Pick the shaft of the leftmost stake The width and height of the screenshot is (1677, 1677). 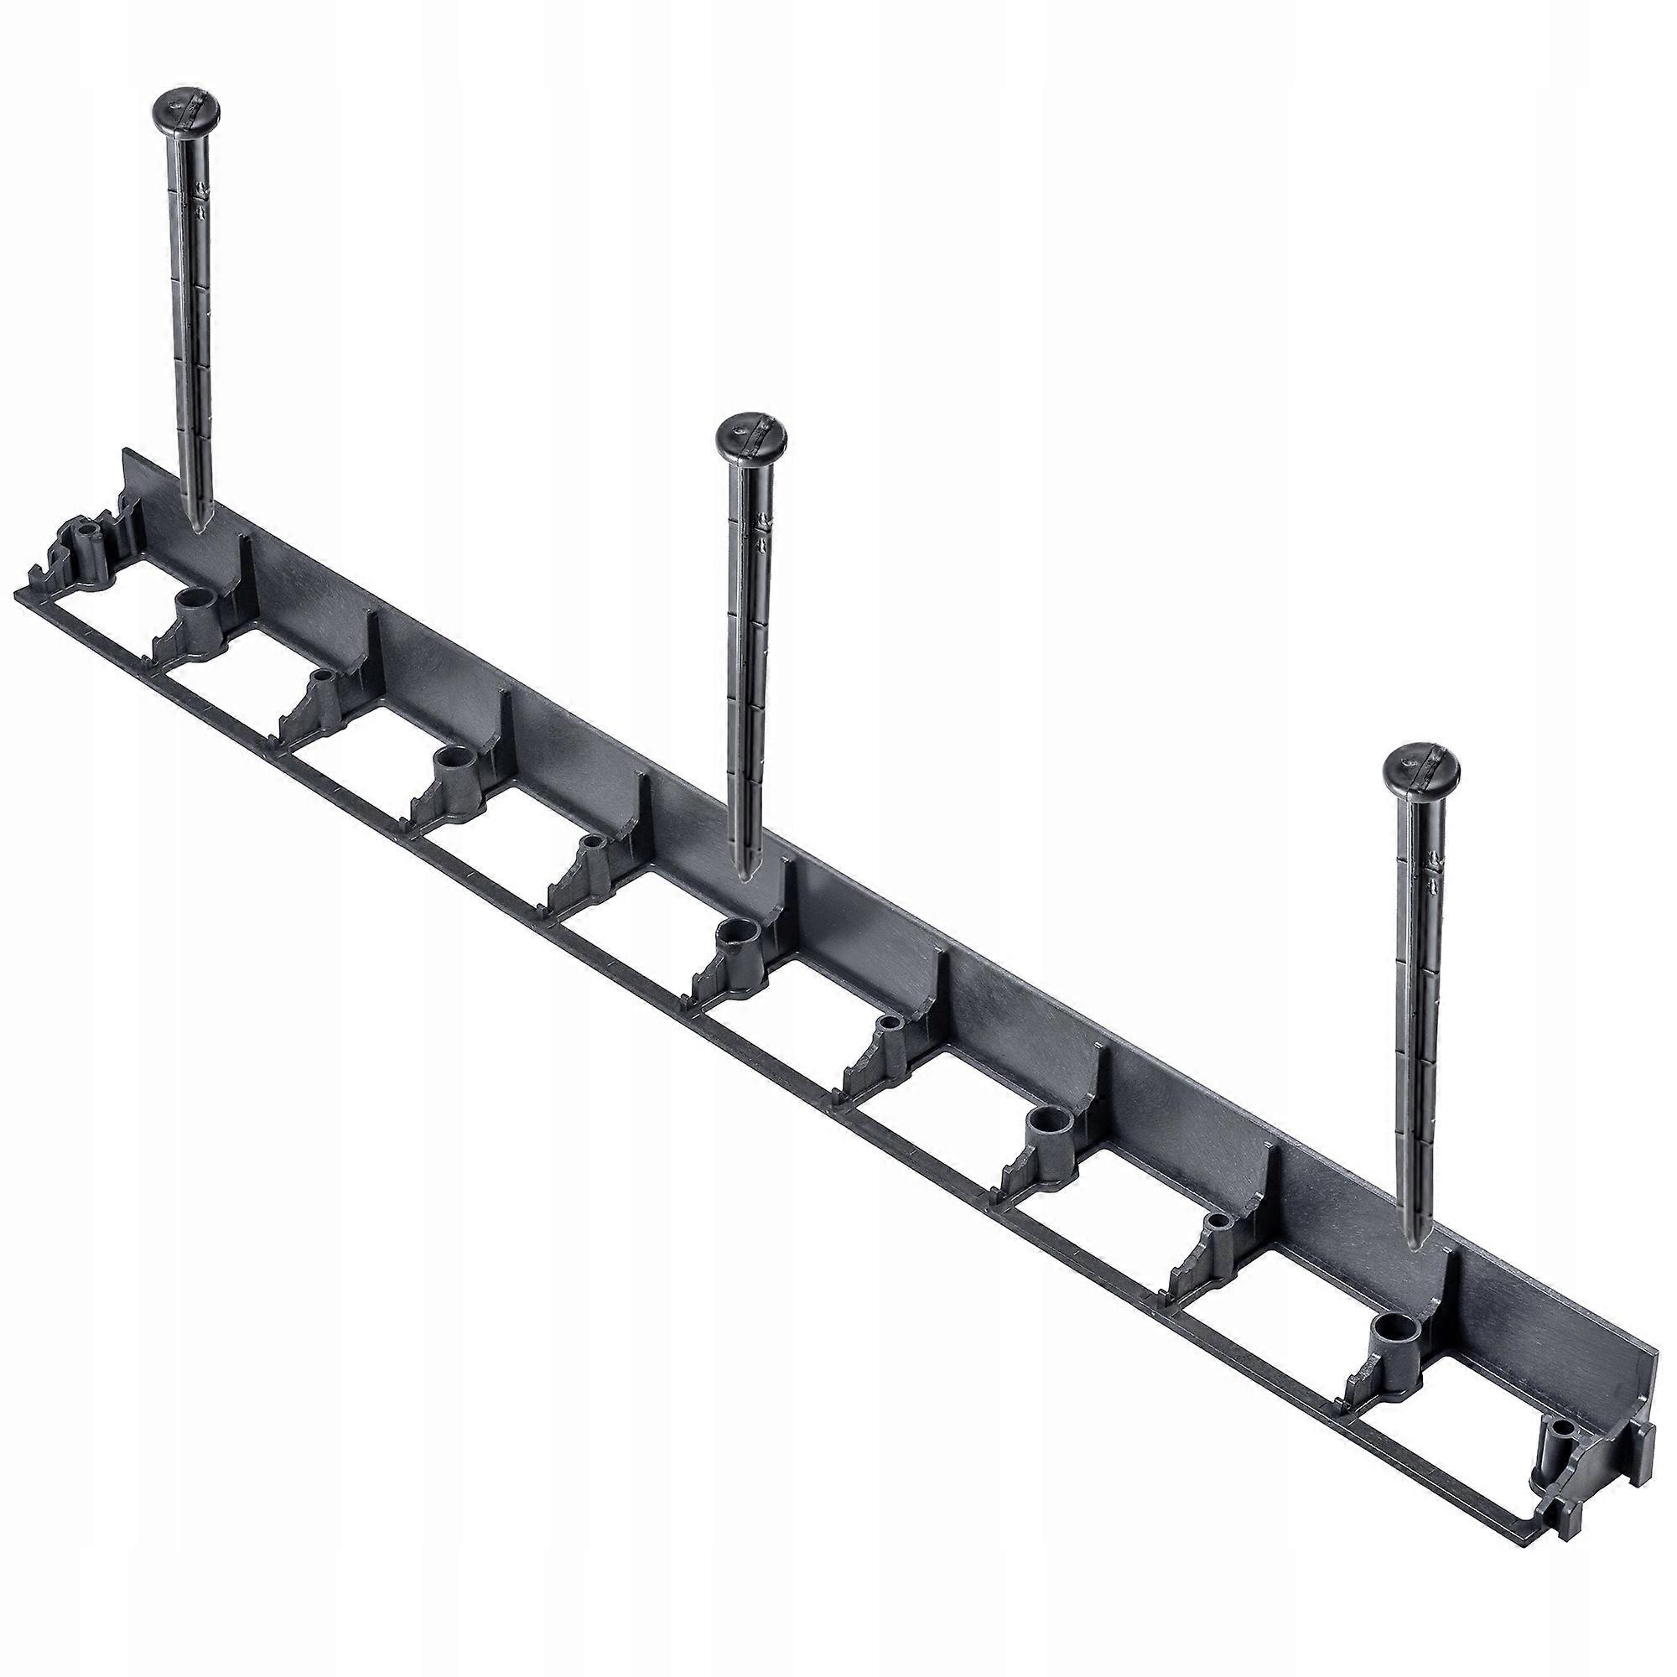tap(191, 330)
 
